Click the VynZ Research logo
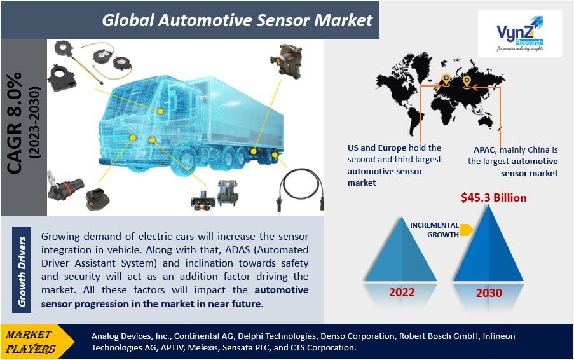click(x=520, y=34)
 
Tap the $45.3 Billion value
click(x=493, y=198)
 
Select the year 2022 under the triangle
click(x=402, y=293)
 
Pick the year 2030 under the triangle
click(x=489, y=293)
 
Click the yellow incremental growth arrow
click(x=467, y=230)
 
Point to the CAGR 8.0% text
click(x=15, y=123)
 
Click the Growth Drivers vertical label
click(x=22, y=271)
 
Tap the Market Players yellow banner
click(x=37, y=342)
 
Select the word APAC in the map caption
click(x=484, y=149)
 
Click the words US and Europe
click(x=377, y=148)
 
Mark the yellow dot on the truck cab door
click(x=160, y=111)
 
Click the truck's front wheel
click(x=186, y=160)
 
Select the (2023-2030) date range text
click(x=35, y=123)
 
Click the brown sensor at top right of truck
click(x=286, y=61)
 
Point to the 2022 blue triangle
click(x=401, y=249)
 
